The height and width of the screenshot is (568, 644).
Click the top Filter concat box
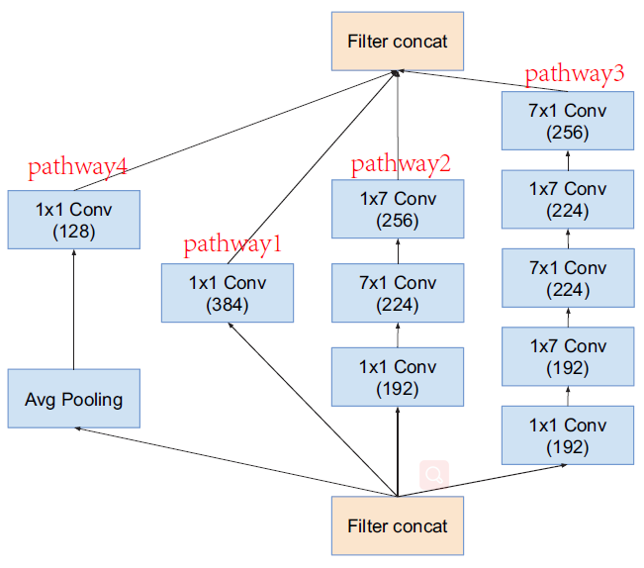[x=397, y=41]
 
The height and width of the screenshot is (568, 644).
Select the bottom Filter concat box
[x=397, y=525]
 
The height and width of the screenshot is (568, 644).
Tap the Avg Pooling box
[x=74, y=399]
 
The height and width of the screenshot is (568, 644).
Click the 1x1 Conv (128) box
[x=74, y=220]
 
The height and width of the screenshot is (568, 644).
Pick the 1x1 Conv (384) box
[x=228, y=293]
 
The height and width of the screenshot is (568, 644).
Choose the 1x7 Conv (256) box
[x=398, y=209]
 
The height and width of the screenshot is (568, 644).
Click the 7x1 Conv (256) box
[x=568, y=120]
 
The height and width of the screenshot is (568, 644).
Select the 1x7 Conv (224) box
[x=568, y=199]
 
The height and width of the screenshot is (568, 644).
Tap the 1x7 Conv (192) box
[x=568, y=356]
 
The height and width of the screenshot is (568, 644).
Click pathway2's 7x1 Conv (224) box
[x=398, y=293]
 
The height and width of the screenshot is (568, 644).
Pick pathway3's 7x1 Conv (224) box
[x=568, y=278]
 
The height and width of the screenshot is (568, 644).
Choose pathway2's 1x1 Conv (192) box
[x=398, y=377]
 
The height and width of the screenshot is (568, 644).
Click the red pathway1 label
[x=232, y=244]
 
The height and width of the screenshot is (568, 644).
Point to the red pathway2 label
[x=401, y=163]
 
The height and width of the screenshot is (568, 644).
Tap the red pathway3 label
[x=575, y=73]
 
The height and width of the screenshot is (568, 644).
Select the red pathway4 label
[x=77, y=167]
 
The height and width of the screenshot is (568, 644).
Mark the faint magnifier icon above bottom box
[x=433, y=475]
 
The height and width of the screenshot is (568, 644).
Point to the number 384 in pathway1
[x=228, y=305]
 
